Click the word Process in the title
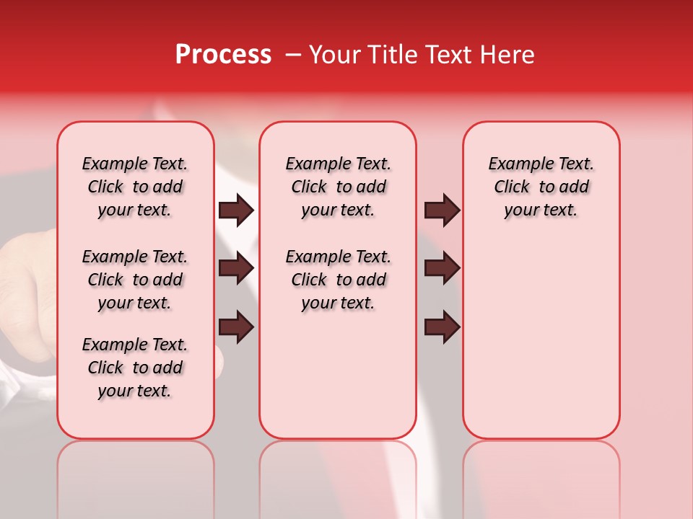223,55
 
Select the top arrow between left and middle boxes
236,210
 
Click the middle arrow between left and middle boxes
236,268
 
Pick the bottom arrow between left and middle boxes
236,327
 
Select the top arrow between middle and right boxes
442,210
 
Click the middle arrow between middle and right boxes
442,268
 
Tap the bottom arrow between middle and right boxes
442,327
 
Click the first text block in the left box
135,187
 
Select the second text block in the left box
135,280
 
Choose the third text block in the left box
135,368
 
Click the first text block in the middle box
338,187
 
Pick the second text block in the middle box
338,280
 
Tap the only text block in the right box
541,187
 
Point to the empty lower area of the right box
541,339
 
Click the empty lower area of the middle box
338,375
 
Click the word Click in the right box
512,187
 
